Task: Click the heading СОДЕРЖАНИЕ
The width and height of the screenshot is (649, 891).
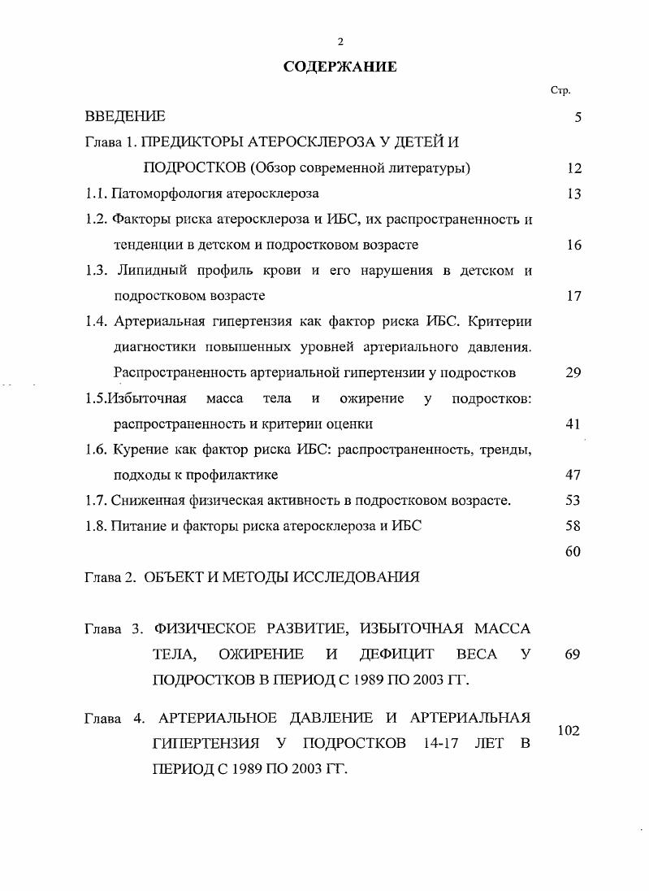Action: point(340,67)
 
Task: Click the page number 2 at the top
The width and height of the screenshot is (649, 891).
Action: point(340,42)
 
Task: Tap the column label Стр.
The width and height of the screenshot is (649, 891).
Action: point(560,90)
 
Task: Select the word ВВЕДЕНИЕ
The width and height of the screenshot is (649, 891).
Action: point(125,117)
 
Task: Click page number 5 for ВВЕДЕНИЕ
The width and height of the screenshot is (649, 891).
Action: point(578,117)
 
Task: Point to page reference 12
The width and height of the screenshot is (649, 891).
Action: point(574,168)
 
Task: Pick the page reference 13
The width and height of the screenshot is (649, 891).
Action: point(574,193)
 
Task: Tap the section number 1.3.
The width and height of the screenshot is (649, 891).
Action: point(97,270)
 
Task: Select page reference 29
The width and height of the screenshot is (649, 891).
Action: point(573,372)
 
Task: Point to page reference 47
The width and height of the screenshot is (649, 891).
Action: point(573,474)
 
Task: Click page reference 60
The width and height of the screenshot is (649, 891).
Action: point(573,551)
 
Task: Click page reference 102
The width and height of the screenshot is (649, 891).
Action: point(569,731)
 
